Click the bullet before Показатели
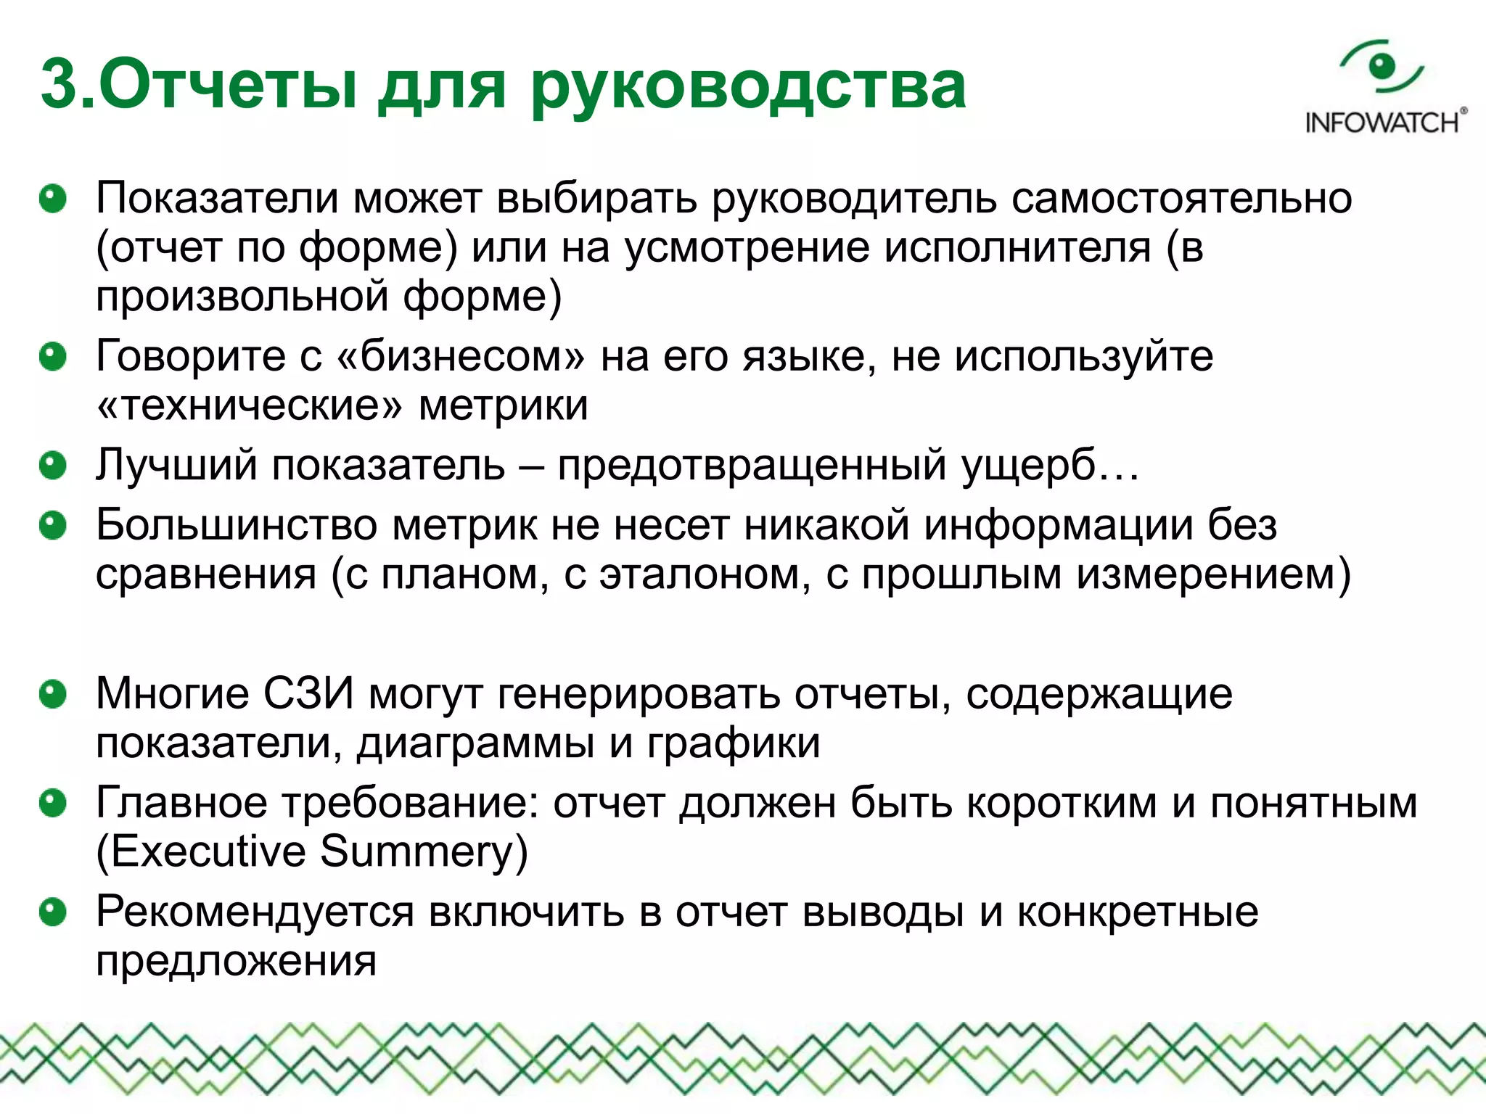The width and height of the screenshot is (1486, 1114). (x=53, y=199)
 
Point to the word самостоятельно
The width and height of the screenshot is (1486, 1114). (x=1181, y=198)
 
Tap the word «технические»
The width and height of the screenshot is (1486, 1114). (x=250, y=405)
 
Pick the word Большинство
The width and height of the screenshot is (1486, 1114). (x=237, y=525)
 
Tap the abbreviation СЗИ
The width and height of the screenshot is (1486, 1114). (x=308, y=694)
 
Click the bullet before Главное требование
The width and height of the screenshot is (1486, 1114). (x=53, y=804)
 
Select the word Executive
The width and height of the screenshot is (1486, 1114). (x=209, y=851)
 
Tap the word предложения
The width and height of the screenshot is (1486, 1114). (x=237, y=962)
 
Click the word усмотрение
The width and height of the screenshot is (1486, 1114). (x=747, y=248)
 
